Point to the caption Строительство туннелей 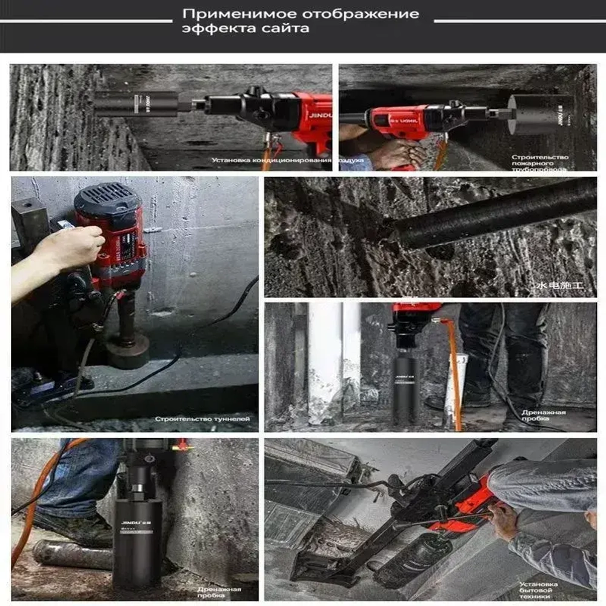click(202, 419)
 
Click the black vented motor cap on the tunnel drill click(108, 197)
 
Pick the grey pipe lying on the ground click(67, 554)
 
